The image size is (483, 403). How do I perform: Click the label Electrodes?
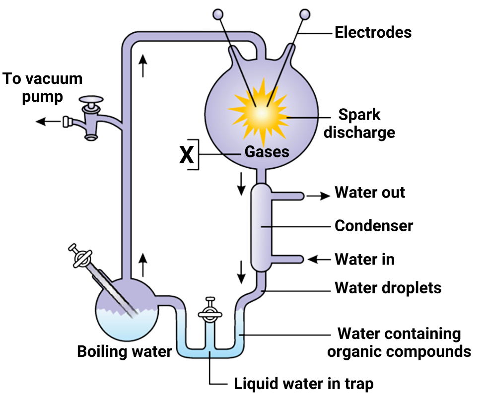coord(373,33)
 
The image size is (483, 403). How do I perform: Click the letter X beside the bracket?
coord(186,155)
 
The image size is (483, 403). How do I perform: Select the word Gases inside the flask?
coord(267,152)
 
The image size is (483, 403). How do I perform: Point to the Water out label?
coord(370,193)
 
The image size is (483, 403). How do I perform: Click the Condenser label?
coord(374,226)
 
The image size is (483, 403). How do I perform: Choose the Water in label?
coord(364,259)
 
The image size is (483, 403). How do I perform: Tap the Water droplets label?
coord(388,287)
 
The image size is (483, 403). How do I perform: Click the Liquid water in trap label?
coord(303,384)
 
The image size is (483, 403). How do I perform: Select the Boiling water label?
coord(125,352)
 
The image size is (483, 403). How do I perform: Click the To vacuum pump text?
coord(43,87)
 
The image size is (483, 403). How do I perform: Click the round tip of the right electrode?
coord(305,14)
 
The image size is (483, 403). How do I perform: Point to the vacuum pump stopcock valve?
coord(91,120)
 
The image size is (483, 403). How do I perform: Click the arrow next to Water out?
coord(318,196)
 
